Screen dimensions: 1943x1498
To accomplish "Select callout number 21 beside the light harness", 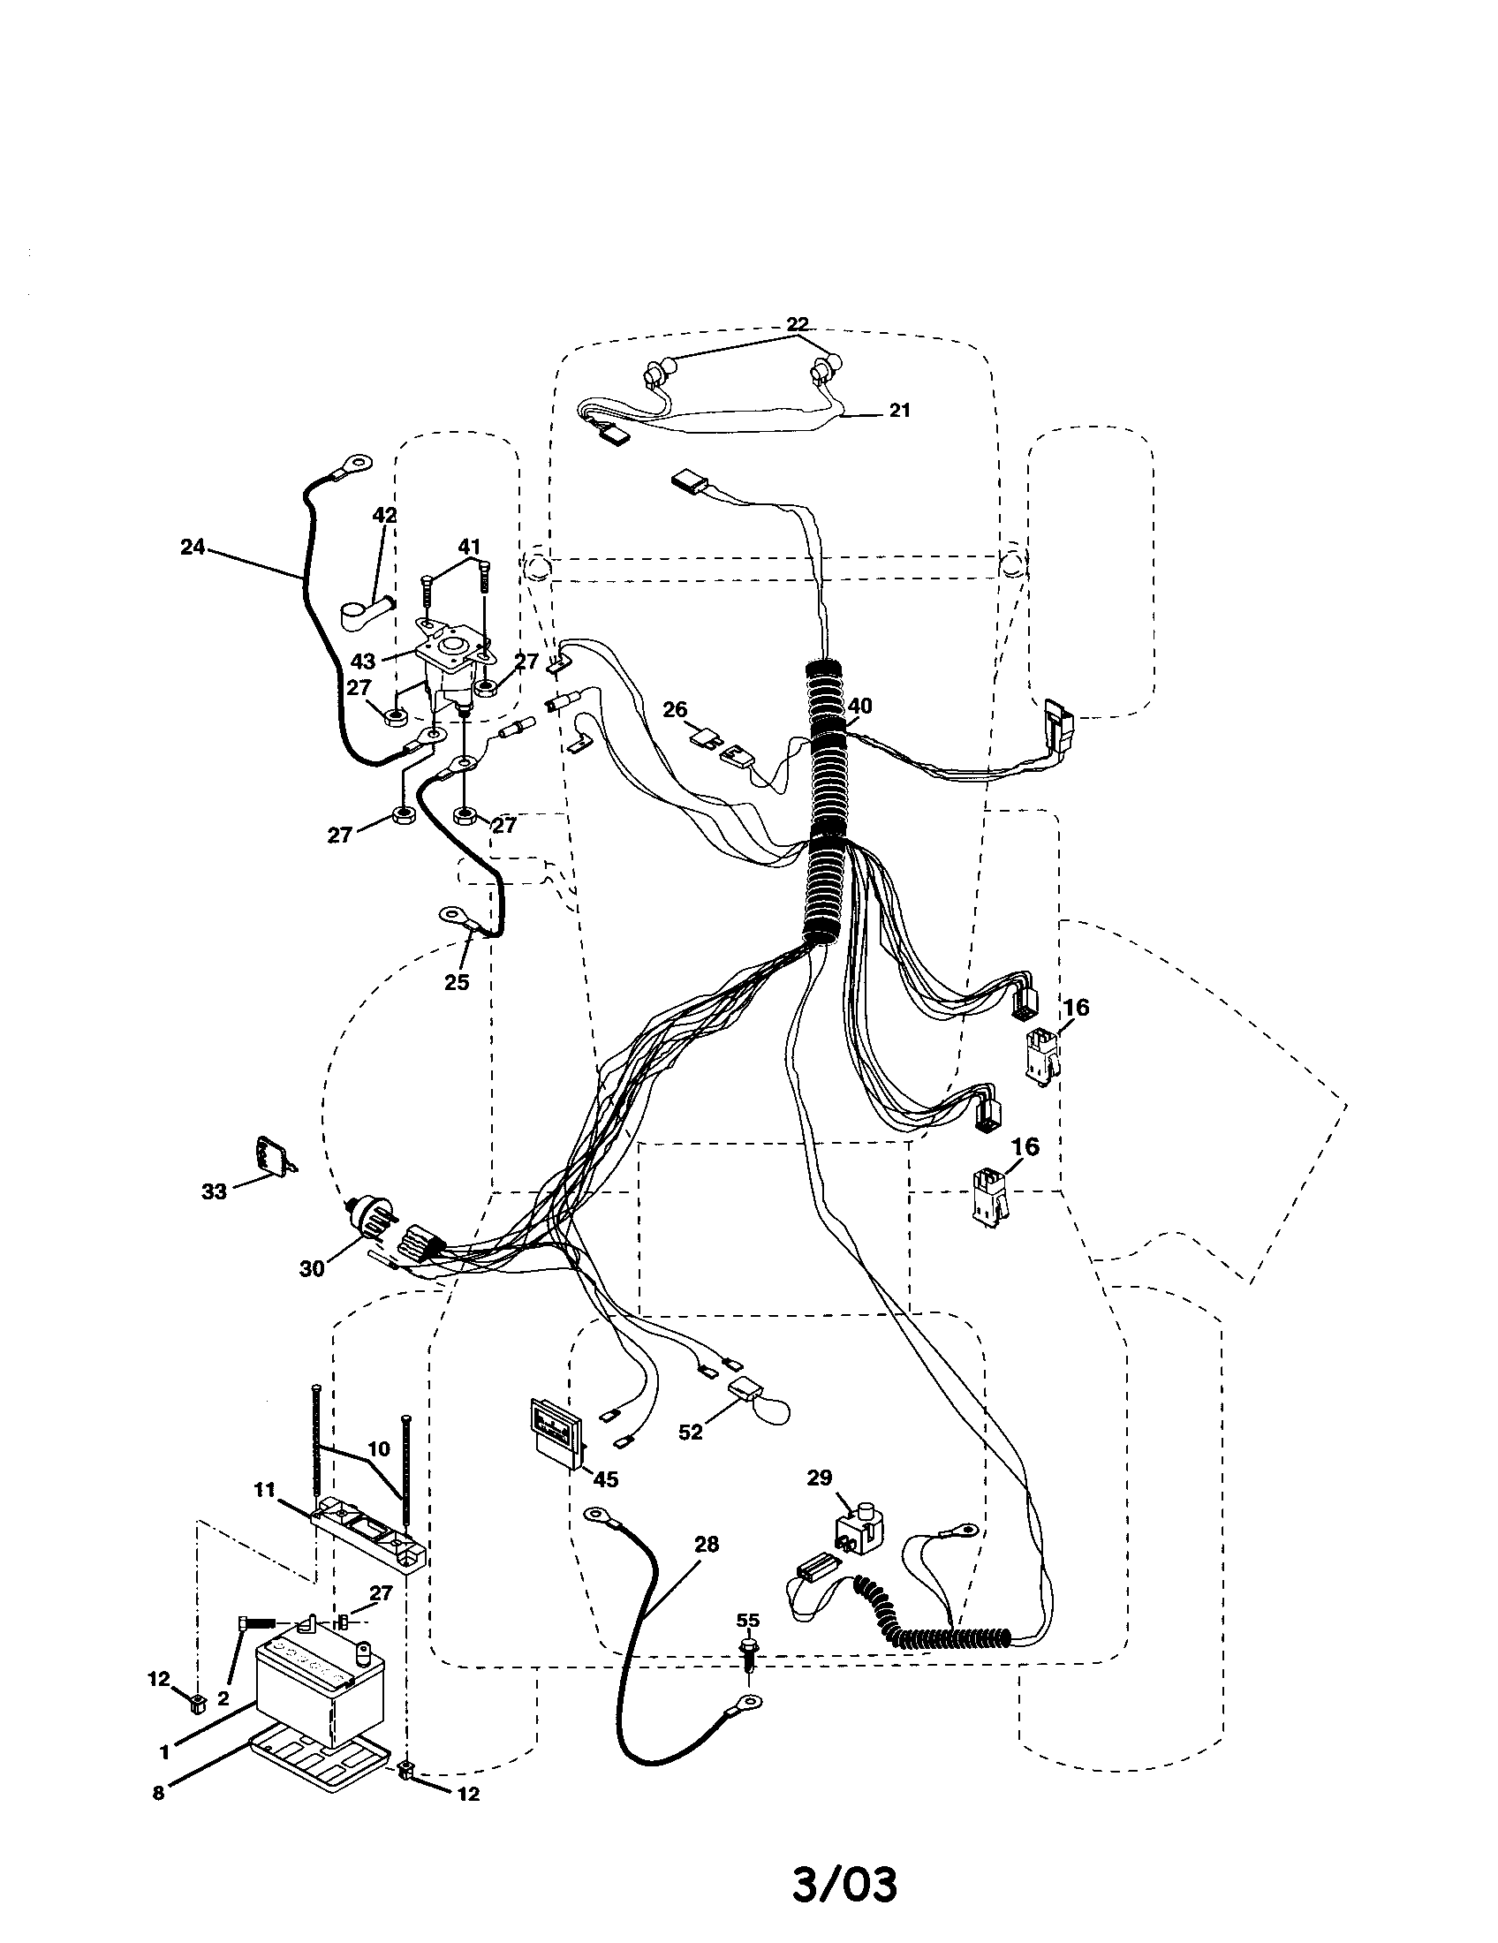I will pyautogui.click(x=899, y=410).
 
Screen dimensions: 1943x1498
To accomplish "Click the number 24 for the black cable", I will pyautogui.click(x=193, y=548).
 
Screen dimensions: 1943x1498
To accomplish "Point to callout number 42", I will pyautogui.click(x=384, y=516).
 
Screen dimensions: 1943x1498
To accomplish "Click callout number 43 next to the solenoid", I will pyautogui.click(x=363, y=662).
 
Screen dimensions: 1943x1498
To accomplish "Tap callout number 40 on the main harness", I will pyautogui.click(x=859, y=706).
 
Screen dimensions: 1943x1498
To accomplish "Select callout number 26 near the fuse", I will pyautogui.click(x=675, y=710).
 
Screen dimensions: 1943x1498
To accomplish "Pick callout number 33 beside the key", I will pyautogui.click(x=214, y=1191).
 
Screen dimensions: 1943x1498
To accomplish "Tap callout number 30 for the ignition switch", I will pyautogui.click(x=311, y=1268).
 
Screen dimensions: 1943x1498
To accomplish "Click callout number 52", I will pyautogui.click(x=690, y=1433).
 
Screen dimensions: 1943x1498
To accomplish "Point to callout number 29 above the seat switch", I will pyautogui.click(x=820, y=1478).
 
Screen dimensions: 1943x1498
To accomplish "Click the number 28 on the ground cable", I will pyautogui.click(x=706, y=1546).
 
